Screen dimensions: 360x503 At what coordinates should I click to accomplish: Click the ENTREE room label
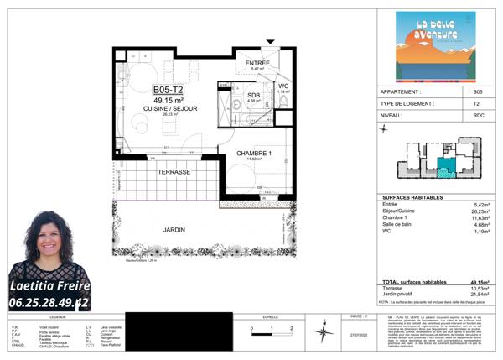(257, 64)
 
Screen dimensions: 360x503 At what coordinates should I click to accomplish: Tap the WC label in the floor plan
(283, 86)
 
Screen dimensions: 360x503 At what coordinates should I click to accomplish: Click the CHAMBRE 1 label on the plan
(253, 154)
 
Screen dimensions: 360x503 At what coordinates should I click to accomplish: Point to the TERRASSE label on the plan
(174, 171)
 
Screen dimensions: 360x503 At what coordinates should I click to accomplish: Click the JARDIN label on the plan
(174, 229)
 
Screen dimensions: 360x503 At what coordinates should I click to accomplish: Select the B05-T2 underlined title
(168, 90)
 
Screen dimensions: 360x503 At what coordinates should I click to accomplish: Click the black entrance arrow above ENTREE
(270, 42)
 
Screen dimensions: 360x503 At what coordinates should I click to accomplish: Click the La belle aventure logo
(434, 46)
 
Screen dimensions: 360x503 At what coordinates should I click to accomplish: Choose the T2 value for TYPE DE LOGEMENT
(478, 104)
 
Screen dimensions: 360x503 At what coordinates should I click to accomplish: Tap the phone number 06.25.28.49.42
(49, 301)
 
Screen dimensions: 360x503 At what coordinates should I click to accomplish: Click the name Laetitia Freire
(49, 285)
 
